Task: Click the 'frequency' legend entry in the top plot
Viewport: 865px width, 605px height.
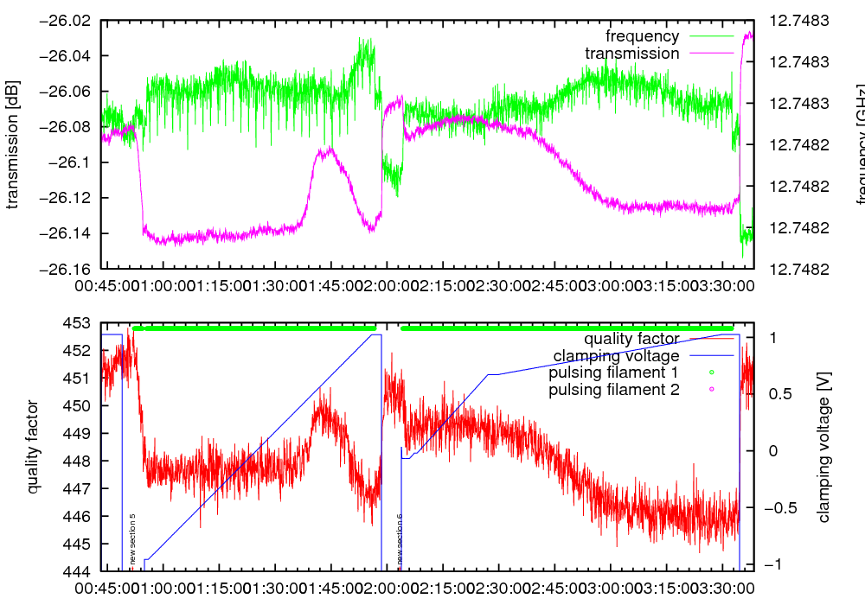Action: click(642, 36)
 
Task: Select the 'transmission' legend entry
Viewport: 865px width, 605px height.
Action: click(631, 54)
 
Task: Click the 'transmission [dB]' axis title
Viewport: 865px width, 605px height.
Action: click(12, 145)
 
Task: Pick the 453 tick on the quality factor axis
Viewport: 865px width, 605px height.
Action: click(78, 323)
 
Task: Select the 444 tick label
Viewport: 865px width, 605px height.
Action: click(78, 571)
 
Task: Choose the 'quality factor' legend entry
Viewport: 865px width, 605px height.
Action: click(631, 339)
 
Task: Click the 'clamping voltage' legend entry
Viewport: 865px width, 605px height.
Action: click(616, 356)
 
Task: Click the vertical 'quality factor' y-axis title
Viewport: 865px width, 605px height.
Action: click(34, 447)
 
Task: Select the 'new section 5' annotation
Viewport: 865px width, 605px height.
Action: click(132, 539)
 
